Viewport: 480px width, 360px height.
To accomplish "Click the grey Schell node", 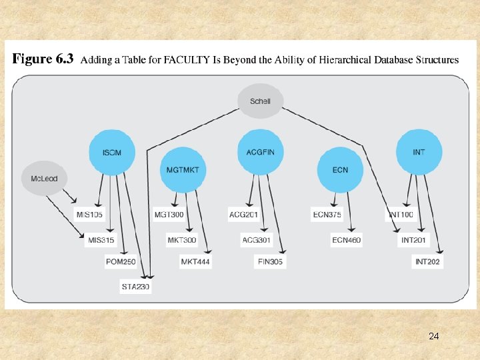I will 260,101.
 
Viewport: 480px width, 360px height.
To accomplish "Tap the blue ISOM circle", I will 111,153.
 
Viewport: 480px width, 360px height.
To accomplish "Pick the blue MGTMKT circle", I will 181,169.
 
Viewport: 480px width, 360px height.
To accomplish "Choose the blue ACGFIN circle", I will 260,153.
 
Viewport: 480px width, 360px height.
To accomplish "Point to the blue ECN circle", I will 340,169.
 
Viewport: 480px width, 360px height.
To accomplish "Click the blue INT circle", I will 419,153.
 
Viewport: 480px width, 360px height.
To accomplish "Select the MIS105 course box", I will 89,215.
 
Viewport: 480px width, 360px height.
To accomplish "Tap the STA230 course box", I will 135,287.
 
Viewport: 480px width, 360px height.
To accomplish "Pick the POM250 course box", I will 121,262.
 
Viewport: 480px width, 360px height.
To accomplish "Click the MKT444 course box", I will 195,262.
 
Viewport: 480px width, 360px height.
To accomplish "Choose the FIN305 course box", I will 270,262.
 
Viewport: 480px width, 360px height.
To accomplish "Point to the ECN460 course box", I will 346,240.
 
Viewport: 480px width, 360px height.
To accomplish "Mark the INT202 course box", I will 427,262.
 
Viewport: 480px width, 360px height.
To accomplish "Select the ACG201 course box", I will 243,215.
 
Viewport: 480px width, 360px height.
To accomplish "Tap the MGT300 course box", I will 169,215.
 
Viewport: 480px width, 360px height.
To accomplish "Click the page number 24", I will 433,336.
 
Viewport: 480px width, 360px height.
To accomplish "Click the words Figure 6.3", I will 43,59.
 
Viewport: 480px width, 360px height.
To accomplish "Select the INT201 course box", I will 413,240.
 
